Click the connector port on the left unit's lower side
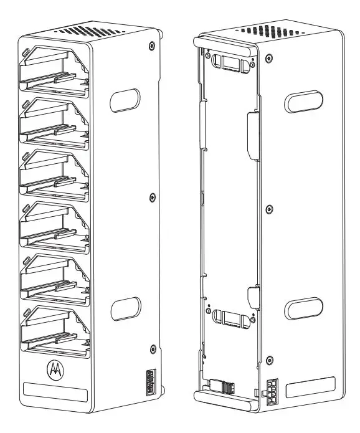pyautogui.click(x=149, y=381)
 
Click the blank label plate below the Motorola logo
pyautogui.click(x=55, y=393)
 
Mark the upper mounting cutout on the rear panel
pyautogui.click(x=228, y=62)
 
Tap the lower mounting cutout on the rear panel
pyautogui.click(x=228, y=318)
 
